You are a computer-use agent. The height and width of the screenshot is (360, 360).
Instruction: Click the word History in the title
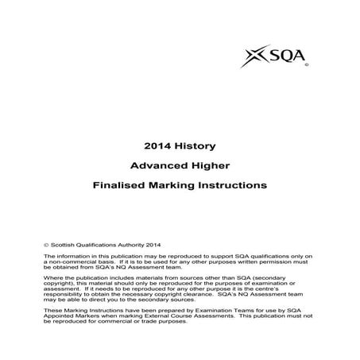click(194, 146)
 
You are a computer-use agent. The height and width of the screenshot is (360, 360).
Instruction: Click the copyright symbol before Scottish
click(47, 246)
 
